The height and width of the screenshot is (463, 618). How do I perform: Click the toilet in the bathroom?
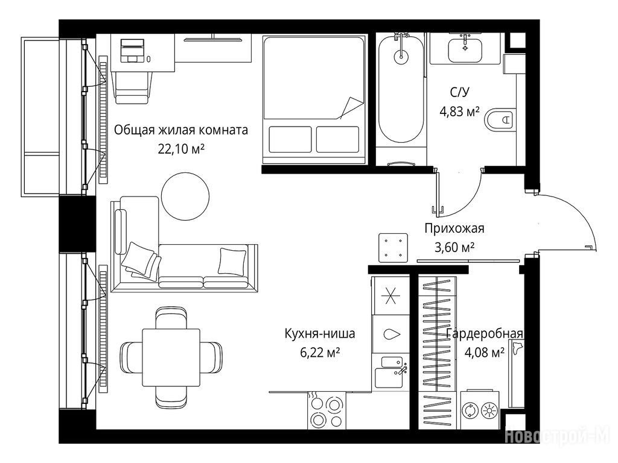[500, 119]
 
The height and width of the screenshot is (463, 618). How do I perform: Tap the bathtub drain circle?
[401, 57]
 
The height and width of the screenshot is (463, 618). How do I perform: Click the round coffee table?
[186, 197]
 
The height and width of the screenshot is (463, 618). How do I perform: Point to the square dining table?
[171, 357]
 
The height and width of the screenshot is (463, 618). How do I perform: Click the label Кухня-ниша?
[320, 334]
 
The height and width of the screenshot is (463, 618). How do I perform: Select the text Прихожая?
[454, 228]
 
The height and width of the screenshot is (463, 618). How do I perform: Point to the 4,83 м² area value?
[459, 112]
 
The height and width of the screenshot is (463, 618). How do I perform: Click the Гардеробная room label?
[485, 334]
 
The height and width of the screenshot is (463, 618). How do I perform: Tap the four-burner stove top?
[327, 411]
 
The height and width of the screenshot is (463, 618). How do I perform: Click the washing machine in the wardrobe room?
[480, 410]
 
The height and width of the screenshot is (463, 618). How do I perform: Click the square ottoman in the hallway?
[393, 248]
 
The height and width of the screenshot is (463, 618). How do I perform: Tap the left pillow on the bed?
[290, 139]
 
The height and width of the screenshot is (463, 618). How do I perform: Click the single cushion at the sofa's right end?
[233, 261]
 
